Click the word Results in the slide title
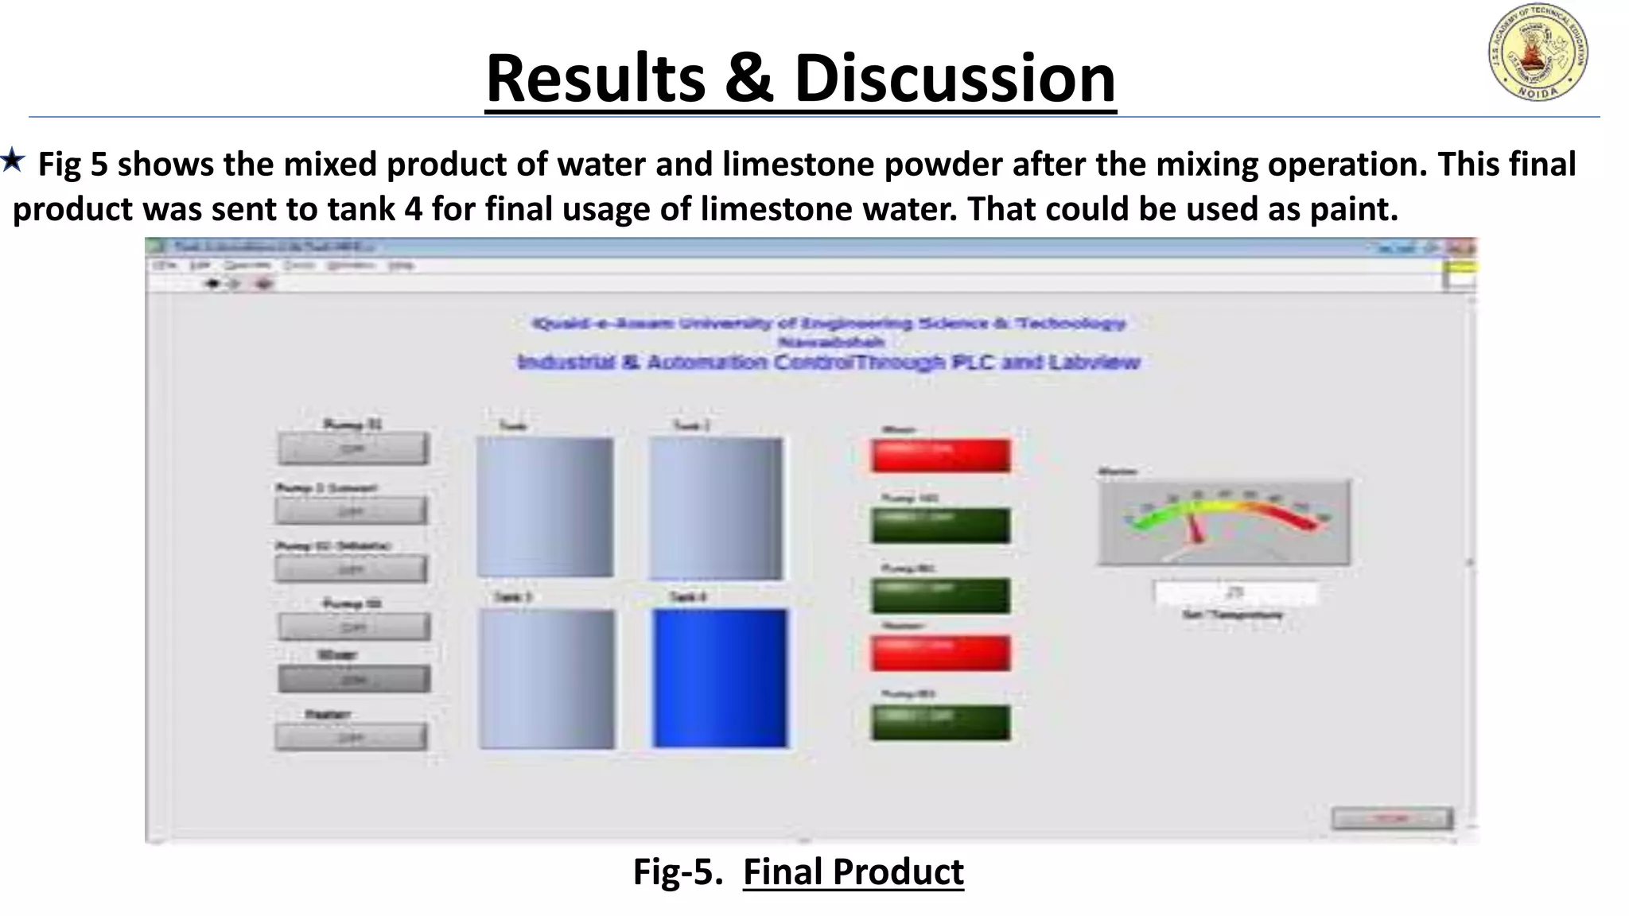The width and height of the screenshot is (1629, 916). click(x=595, y=78)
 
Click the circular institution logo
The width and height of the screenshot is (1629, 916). click(x=1538, y=52)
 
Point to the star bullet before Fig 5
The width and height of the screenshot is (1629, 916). click(x=13, y=161)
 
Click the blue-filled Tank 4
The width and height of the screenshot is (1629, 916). click(x=720, y=678)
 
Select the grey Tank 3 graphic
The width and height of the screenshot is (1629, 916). click(x=547, y=678)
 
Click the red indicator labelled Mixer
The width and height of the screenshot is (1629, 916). click(x=940, y=456)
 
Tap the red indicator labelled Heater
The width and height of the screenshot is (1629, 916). click(x=940, y=653)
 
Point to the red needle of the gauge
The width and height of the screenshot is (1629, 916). click(x=1195, y=527)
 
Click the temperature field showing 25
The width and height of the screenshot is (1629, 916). click(x=1235, y=592)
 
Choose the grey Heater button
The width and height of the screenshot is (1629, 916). click(x=351, y=737)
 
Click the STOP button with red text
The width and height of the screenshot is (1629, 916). click(x=1391, y=818)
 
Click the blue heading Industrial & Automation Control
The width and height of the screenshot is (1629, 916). click(x=828, y=363)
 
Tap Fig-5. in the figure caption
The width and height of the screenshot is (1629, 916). click(x=678, y=871)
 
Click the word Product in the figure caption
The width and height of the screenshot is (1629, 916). click(x=898, y=871)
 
